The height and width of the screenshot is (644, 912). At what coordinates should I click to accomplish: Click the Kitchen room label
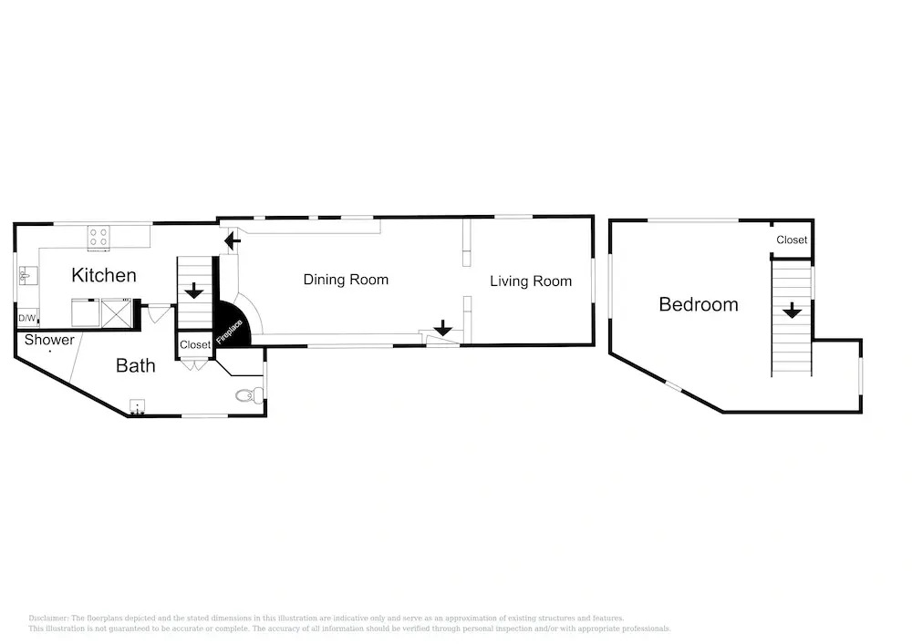[x=104, y=275]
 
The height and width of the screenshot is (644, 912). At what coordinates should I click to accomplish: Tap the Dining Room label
[x=346, y=280]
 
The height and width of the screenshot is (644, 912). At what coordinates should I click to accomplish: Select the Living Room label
[x=531, y=281]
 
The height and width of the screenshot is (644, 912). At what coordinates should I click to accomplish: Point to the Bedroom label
[x=699, y=304]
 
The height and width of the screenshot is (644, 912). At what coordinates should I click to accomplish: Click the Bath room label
[x=136, y=366]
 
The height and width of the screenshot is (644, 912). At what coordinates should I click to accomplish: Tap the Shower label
[x=49, y=340]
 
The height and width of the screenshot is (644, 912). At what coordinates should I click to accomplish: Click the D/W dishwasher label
[x=26, y=318]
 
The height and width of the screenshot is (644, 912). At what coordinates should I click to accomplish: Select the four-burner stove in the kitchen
[x=98, y=238]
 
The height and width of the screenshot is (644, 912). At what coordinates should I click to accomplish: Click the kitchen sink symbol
[x=27, y=276]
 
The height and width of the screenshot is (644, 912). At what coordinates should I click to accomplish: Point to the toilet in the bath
[x=250, y=395]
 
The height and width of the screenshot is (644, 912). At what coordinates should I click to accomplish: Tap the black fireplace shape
[x=231, y=326]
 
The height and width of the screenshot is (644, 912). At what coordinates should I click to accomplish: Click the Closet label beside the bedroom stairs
[x=792, y=240]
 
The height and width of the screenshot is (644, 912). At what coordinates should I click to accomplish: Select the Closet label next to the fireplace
[x=195, y=345]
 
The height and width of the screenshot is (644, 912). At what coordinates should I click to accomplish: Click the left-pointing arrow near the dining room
[x=232, y=240]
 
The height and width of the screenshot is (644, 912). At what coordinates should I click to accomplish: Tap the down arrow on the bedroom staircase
[x=792, y=311]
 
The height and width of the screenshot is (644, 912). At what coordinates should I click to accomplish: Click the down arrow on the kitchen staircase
[x=193, y=291]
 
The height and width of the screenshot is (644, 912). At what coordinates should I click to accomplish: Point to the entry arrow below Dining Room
[x=443, y=328]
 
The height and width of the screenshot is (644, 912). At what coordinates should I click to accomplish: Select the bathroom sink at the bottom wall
[x=138, y=407]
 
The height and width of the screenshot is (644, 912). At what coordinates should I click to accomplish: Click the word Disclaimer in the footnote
[x=48, y=618]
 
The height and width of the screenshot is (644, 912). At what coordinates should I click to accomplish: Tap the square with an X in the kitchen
[x=117, y=313]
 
